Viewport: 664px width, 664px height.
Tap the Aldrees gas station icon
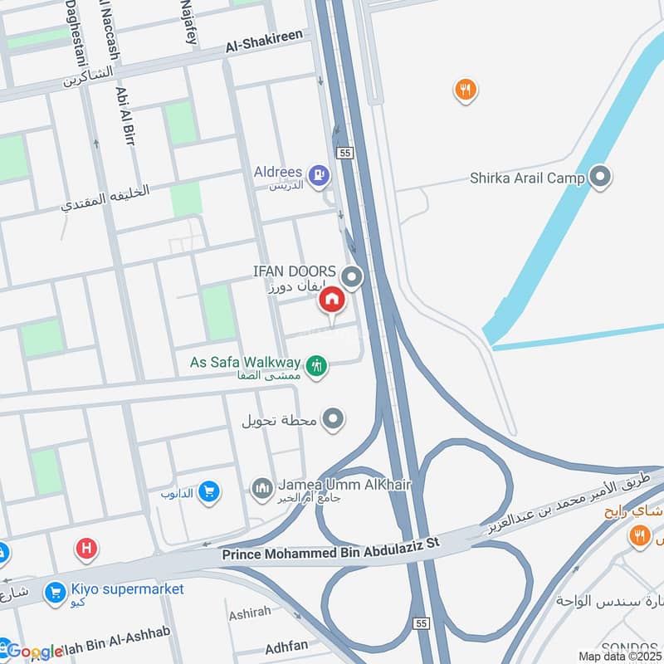pyautogui.click(x=317, y=174)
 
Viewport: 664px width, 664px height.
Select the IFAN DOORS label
pyautogui.click(x=295, y=271)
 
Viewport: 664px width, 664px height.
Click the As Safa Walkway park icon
pyautogui.click(x=315, y=364)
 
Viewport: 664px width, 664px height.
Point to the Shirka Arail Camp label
pyautogui.click(x=528, y=177)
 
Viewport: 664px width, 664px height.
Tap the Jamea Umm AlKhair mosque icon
pyautogui.click(x=262, y=486)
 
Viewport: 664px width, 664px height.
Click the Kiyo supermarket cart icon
pyautogui.click(x=56, y=592)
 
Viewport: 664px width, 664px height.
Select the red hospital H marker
pyautogui.click(x=85, y=549)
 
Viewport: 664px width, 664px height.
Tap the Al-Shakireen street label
pyautogui.click(x=265, y=43)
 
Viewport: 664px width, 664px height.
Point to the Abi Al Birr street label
pyautogui.click(x=124, y=116)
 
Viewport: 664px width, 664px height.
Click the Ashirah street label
pyautogui.click(x=248, y=612)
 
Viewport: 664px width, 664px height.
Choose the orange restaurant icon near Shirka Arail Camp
pyautogui.click(x=466, y=90)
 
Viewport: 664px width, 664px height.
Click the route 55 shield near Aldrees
pyautogui.click(x=346, y=153)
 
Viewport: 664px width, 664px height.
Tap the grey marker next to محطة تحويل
pyautogui.click(x=334, y=419)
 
